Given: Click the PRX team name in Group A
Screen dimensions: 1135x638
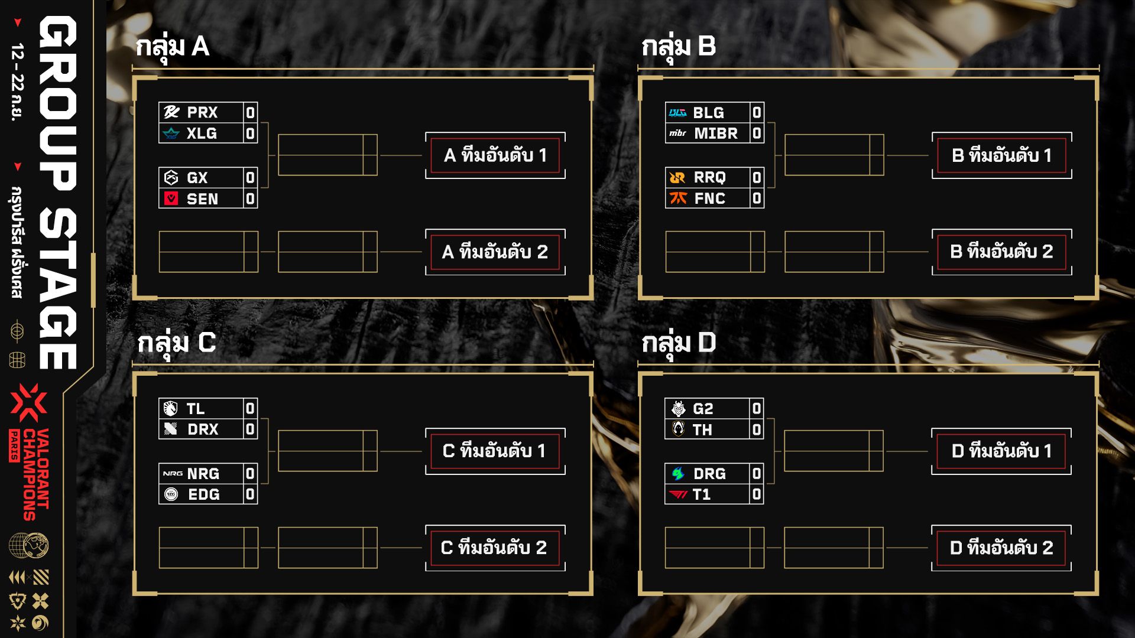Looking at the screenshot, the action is [202, 112].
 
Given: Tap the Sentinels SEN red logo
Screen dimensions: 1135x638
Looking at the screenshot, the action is [171, 199].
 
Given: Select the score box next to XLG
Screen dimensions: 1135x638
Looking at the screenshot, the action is [250, 134].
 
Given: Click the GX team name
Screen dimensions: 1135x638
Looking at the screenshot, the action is [197, 178].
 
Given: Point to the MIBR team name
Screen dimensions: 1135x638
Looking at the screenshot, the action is [716, 134].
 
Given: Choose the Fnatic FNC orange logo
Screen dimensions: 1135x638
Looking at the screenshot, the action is [678, 198].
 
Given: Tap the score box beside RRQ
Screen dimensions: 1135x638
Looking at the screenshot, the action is [757, 177].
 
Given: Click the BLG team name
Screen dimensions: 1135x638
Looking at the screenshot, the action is [708, 112].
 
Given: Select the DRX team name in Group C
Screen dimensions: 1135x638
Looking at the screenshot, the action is [203, 429].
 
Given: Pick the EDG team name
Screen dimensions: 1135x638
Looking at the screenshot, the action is [204, 494].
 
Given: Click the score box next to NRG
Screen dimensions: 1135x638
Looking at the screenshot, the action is [250, 473].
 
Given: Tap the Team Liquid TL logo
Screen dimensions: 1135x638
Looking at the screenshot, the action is [171, 408].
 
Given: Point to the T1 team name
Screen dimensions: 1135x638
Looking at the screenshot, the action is [702, 494].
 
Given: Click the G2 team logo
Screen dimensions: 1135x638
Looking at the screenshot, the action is [678, 408].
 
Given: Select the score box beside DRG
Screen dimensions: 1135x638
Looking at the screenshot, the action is [757, 473].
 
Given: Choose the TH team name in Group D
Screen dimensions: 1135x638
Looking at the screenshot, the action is [702, 429].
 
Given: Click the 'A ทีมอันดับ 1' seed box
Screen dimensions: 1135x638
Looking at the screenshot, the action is [495, 155].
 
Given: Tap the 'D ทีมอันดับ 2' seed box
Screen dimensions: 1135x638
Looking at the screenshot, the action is [1001, 548].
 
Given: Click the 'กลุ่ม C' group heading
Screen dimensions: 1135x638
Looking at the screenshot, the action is [176, 343].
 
